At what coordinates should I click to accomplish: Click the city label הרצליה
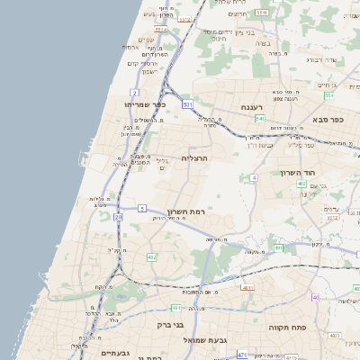pyautogui.click(x=194, y=157)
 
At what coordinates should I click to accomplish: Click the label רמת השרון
pyautogui.click(x=186, y=210)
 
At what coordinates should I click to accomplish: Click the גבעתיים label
pyautogui.click(x=117, y=353)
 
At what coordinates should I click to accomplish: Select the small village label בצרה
pyautogui.click(x=262, y=42)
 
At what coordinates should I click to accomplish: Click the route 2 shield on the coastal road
pyautogui.click(x=135, y=93)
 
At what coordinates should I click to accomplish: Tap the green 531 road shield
pyautogui.click(x=187, y=105)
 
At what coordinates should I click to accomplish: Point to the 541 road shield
pyautogui.click(x=259, y=118)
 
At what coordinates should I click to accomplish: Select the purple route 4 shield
pyautogui.click(x=255, y=178)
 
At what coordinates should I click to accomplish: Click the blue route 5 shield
pyautogui.click(x=142, y=209)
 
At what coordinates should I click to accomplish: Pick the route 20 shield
pyautogui.click(x=118, y=217)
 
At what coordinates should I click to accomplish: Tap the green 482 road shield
pyautogui.click(x=151, y=257)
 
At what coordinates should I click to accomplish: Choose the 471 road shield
pyautogui.click(x=242, y=355)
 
